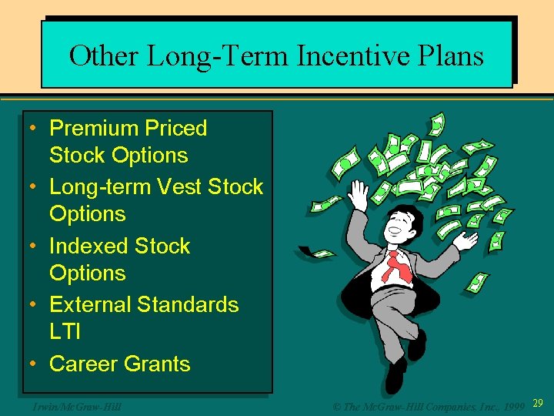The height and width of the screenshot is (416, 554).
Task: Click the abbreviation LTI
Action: (65, 332)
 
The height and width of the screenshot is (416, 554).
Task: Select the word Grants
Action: (159, 364)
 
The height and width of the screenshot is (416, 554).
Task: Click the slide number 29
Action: (537, 404)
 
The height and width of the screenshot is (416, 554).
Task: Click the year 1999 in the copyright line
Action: (511, 405)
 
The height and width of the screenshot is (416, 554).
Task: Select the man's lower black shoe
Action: (395, 377)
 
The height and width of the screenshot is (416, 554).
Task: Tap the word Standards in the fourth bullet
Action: (188, 304)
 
